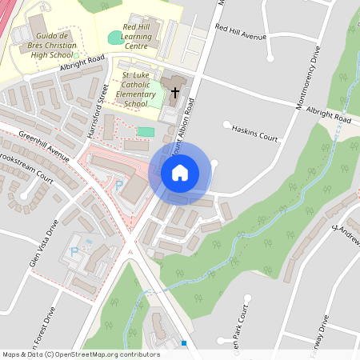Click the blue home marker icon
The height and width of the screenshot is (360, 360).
[x=180, y=172]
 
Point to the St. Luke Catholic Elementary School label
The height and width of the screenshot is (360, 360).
[x=136, y=89]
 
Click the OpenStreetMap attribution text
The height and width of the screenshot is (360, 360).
[x=81, y=354]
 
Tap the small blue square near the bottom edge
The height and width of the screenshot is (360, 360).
[x=184, y=342]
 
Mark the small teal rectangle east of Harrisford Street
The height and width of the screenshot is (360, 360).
[x=146, y=131]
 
